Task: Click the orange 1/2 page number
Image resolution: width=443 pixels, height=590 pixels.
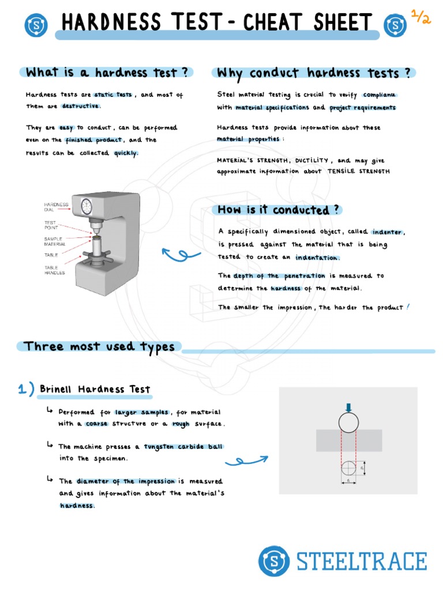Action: coord(421,17)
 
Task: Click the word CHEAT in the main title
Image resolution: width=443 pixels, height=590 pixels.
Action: coord(274,23)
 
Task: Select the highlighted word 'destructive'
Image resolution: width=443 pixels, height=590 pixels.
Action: coord(81,106)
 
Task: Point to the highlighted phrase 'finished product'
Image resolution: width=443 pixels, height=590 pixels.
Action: coord(93,140)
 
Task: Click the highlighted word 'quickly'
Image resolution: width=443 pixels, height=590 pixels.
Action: coord(126,153)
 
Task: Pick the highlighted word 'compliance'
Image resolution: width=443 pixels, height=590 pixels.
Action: coord(380,94)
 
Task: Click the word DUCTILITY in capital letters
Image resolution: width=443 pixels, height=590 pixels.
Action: coord(311,161)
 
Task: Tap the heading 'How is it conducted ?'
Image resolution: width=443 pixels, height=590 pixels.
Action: coord(279,210)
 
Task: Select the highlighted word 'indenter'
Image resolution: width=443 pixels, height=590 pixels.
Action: coord(388,232)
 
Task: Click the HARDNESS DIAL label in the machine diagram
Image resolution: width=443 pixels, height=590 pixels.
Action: coord(57,207)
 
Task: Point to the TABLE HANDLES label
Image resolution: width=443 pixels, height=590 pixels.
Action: coord(55,270)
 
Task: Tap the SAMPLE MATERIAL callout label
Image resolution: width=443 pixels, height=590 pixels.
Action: coord(55,241)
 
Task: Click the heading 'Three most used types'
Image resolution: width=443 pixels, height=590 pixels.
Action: coord(100,346)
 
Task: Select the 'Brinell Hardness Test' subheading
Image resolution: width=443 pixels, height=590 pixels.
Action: coord(95,389)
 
